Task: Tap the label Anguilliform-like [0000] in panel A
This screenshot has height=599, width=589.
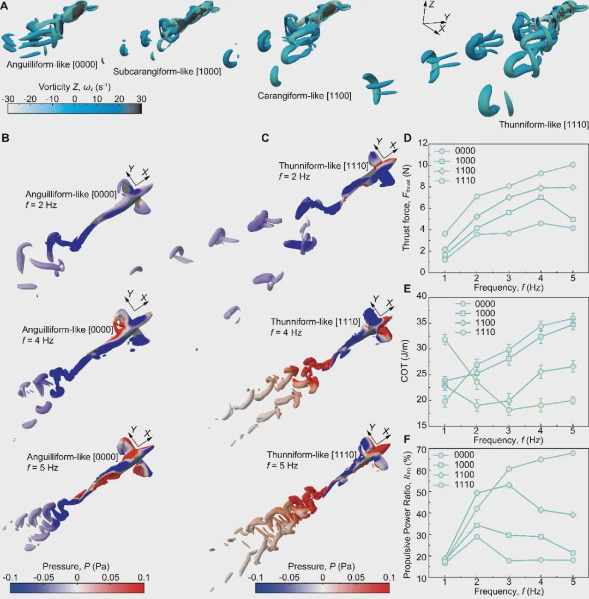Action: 52,64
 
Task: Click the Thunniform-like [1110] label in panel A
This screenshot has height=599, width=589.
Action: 544,125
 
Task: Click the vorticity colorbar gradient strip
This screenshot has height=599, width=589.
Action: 75,108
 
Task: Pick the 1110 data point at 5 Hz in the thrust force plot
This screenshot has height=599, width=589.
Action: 572,164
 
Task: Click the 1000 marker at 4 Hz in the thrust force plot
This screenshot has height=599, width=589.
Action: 540,197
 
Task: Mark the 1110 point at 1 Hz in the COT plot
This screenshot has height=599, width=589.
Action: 445,340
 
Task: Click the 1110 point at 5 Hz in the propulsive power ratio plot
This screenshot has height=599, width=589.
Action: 572,453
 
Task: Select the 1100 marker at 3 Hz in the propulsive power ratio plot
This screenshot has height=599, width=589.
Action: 508,485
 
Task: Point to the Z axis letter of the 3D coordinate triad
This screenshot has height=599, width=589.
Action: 431,3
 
